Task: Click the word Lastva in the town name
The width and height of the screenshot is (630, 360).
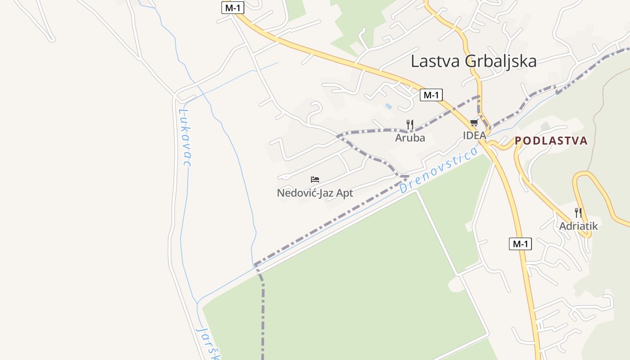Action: (x=436, y=61)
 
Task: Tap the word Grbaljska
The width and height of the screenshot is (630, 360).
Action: (x=500, y=61)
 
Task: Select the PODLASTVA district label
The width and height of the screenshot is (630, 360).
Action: (x=551, y=141)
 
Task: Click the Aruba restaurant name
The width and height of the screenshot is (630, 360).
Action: (x=409, y=138)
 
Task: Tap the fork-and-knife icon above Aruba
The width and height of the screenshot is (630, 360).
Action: (x=409, y=124)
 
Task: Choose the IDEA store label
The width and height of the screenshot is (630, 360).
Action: (x=474, y=135)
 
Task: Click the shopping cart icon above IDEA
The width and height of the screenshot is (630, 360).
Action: (x=474, y=122)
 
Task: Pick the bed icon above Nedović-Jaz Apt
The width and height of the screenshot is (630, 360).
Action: (x=315, y=180)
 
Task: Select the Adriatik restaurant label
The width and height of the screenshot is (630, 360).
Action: (x=578, y=226)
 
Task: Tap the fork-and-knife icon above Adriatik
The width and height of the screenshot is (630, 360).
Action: (x=578, y=212)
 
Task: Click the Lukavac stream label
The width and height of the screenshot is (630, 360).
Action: (x=184, y=137)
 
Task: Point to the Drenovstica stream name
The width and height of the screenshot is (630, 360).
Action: (x=439, y=171)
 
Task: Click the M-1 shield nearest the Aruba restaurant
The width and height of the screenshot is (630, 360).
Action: (x=431, y=95)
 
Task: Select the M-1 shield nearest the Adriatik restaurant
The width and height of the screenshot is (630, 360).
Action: (x=520, y=244)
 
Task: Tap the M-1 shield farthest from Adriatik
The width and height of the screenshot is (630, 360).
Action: (x=232, y=7)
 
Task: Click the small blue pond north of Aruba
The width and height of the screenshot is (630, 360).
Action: (x=388, y=106)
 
